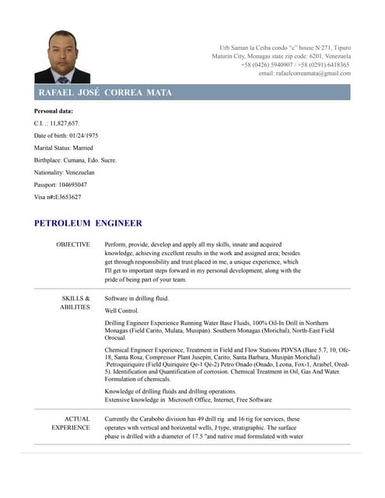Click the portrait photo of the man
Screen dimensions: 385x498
[x=62, y=57]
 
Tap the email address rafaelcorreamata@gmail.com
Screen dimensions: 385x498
[x=304, y=73]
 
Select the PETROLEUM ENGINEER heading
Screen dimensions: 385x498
[x=88, y=223]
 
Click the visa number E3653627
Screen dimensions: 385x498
[x=68, y=197]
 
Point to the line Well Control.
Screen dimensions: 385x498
[x=121, y=310]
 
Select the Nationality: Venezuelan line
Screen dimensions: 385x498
[x=65, y=172]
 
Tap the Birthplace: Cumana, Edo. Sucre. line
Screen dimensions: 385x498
[x=75, y=160]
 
